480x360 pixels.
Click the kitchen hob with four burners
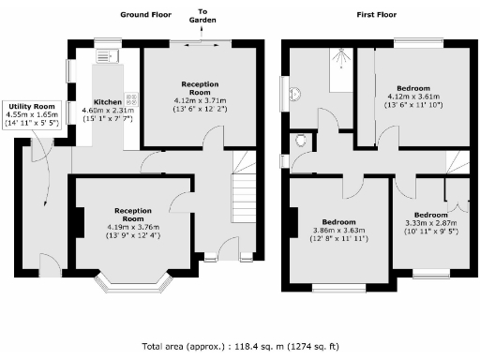[x=130, y=96]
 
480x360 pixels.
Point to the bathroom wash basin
[x=294, y=95]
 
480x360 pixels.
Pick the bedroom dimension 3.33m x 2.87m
[x=432, y=224]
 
